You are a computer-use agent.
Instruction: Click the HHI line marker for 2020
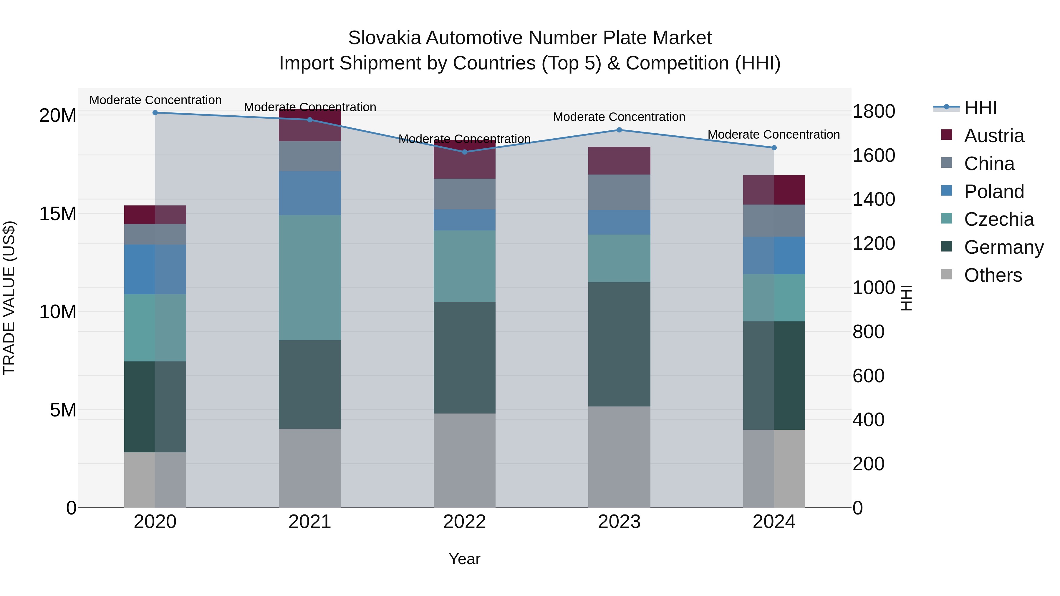point(155,113)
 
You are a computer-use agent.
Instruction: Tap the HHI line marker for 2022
point(465,152)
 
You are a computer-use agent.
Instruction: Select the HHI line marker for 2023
point(619,130)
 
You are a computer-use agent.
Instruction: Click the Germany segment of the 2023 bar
point(619,344)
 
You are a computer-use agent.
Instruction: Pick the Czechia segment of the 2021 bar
point(310,278)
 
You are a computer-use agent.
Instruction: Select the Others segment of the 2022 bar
point(465,461)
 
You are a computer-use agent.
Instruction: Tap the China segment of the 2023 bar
point(619,192)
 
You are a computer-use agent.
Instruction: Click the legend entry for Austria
point(993,136)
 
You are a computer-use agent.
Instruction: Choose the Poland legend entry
point(993,192)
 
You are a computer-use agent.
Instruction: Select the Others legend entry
point(993,275)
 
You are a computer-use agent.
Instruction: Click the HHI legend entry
point(980,108)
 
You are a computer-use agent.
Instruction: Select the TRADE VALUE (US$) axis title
point(9,298)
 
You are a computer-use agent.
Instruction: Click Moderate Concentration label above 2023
point(619,117)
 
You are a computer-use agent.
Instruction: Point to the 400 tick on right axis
point(868,420)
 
